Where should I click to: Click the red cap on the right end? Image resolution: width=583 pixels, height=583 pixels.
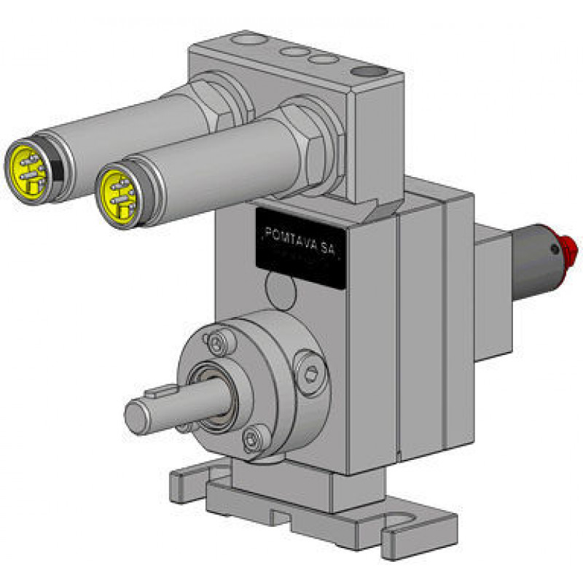click(x=567, y=247)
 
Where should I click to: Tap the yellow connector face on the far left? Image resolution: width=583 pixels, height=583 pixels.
click(x=28, y=172)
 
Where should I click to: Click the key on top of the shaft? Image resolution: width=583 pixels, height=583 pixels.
click(x=160, y=390)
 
